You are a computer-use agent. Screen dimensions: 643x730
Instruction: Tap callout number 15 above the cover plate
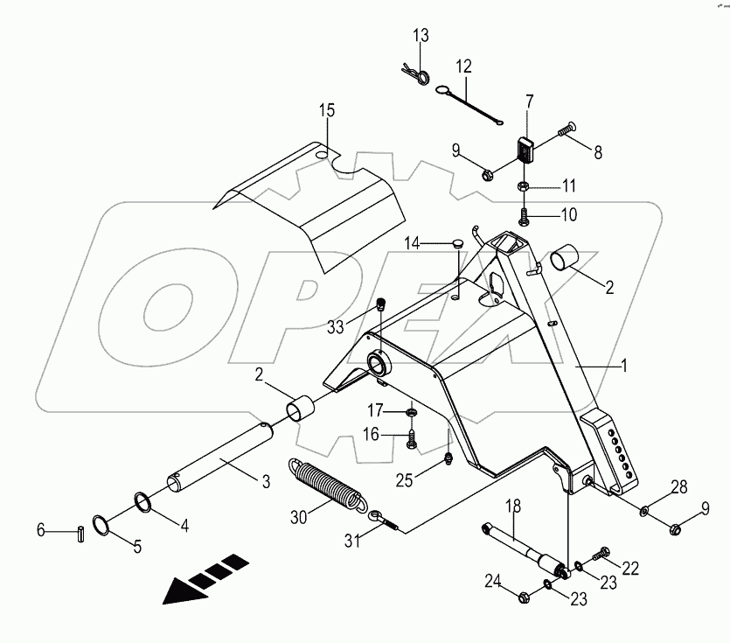tap(326, 111)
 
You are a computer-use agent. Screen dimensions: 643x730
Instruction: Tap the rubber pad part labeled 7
tap(525, 149)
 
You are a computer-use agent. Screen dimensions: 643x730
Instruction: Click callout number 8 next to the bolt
tap(597, 151)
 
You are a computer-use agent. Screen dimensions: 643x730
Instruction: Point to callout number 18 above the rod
tap(511, 507)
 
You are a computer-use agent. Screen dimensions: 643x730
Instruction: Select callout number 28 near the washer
tap(678, 487)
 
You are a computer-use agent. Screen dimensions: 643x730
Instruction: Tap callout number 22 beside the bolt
tap(629, 569)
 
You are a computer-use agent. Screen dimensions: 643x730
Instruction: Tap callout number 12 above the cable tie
tap(462, 66)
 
